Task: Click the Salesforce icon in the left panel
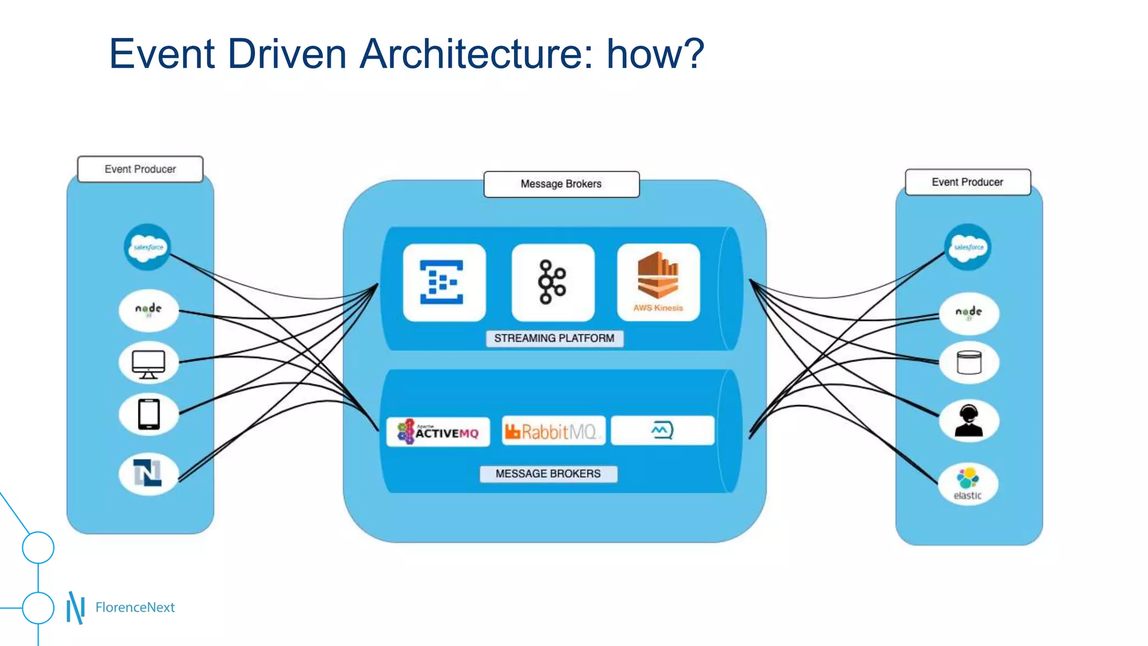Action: pos(147,247)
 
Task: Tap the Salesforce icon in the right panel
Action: pos(968,247)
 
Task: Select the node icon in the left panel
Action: pos(149,310)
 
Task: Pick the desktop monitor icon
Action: pos(149,363)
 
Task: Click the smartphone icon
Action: pos(149,414)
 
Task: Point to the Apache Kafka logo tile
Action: pos(553,282)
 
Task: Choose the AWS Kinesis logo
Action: pos(658,282)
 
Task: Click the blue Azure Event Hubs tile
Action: pos(443,282)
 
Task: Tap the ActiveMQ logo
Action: pos(438,432)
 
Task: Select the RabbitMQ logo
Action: pos(553,431)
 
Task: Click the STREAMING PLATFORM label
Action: pos(554,338)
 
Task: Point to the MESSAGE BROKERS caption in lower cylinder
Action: pos(548,474)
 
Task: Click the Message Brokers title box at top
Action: pos(561,184)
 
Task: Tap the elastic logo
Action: pos(968,484)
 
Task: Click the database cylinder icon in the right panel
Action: pos(969,363)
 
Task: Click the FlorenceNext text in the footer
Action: pos(135,607)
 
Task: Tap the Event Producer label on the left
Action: pos(140,169)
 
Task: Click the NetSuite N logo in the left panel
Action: pos(148,473)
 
